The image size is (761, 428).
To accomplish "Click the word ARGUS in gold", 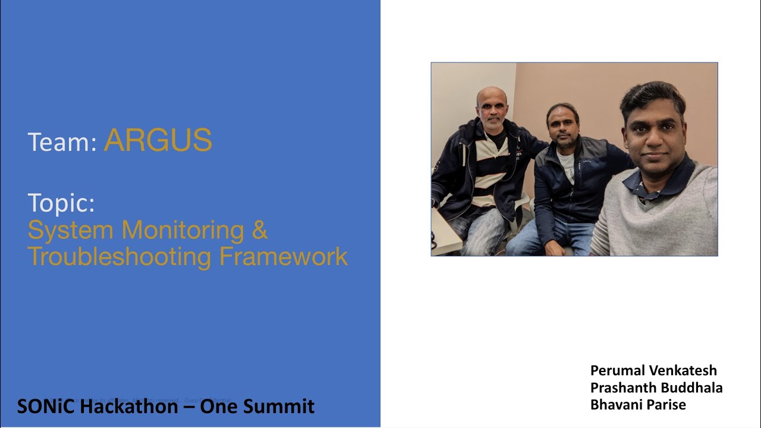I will coord(158,141).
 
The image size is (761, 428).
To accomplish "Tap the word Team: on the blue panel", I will coord(62,142).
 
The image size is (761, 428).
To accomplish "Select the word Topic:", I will coord(61,203).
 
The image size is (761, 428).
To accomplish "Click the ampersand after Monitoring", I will coord(260,230).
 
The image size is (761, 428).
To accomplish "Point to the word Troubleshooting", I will coord(119,257).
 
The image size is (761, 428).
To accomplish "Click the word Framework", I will coord(284,256).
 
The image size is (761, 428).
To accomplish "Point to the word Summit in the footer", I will coord(278,407).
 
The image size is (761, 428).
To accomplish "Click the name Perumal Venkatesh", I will coord(653,370).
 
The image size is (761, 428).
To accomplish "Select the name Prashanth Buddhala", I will coord(656,388).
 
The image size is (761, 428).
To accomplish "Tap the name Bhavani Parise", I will coord(638,405).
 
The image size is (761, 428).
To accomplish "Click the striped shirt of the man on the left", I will coord(492,172).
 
